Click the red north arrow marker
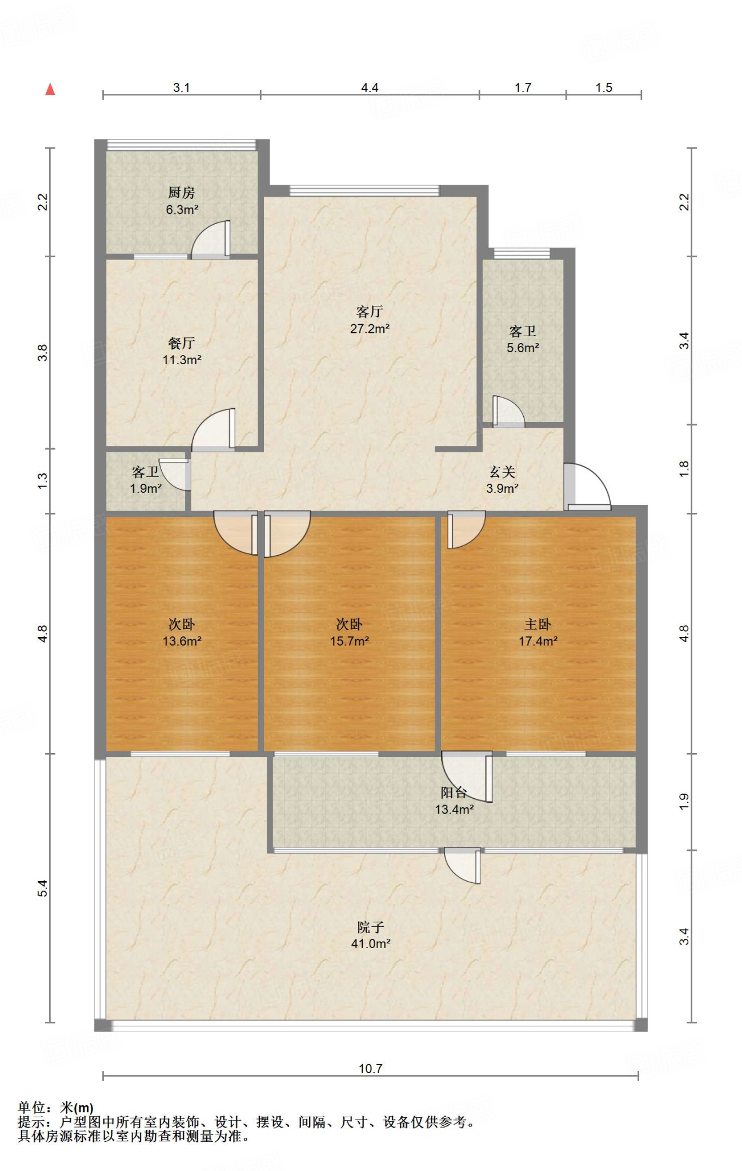click(x=50, y=89)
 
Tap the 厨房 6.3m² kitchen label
click(x=182, y=201)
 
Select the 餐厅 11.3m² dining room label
click(x=182, y=351)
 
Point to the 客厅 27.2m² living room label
click(x=370, y=320)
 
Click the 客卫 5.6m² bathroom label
click(x=523, y=339)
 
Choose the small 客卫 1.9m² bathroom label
click(x=146, y=480)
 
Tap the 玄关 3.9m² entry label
click(x=502, y=480)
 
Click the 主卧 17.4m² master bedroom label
click(x=538, y=632)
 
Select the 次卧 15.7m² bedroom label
click(x=350, y=632)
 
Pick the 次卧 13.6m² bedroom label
click(x=182, y=632)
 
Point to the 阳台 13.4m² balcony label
click(x=454, y=800)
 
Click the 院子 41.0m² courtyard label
click(x=371, y=935)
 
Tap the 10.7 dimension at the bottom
click(x=371, y=1068)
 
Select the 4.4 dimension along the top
click(x=370, y=87)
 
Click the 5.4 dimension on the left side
click(x=43, y=888)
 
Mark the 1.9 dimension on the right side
click(x=684, y=802)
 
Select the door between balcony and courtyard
click(x=463, y=866)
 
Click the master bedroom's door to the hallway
click(x=466, y=530)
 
